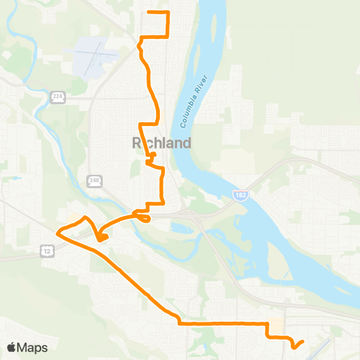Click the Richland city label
(x=161, y=142)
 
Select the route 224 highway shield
(x=57, y=97)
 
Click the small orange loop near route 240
(x=142, y=217)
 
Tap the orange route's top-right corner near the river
(x=168, y=13)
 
